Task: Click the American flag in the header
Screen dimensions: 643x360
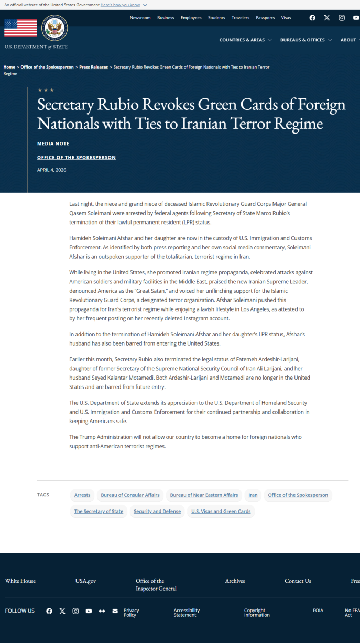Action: (x=20, y=28)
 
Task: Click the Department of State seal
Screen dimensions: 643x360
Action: (x=54, y=28)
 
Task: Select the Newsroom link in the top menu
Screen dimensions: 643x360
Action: (x=140, y=18)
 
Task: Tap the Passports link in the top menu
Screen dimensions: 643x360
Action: (x=265, y=18)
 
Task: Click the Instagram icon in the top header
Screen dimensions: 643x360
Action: (x=342, y=18)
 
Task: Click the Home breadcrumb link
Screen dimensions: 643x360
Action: (x=9, y=68)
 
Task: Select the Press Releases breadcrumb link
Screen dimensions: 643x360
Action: (x=93, y=68)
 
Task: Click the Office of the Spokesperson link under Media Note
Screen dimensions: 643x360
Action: (x=77, y=158)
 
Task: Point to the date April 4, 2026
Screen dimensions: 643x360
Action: (x=52, y=170)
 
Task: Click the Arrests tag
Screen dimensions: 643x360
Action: (x=82, y=495)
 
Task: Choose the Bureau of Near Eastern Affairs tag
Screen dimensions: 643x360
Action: (x=204, y=495)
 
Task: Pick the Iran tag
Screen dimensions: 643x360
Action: (x=253, y=495)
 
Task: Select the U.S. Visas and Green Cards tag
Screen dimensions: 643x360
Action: (x=221, y=512)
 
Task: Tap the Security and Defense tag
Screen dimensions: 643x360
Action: (x=157, y=512)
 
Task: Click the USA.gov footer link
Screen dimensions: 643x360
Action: (x=85, y=581)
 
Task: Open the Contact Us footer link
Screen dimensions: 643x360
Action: (x=298, y=581)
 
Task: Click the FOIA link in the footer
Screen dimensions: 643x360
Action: (x=318, y=611)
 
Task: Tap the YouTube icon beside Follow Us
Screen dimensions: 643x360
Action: (x=89, y=611)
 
